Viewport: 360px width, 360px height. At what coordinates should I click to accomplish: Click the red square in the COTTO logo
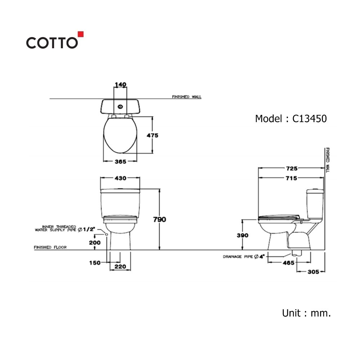81,34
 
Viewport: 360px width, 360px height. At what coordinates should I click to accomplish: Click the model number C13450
309,119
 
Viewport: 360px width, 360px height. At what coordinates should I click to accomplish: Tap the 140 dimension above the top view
121,85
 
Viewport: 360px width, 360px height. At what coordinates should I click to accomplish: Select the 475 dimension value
152,135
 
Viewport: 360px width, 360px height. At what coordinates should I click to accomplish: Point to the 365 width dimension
121,162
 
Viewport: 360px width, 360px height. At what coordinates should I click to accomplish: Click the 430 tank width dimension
121,178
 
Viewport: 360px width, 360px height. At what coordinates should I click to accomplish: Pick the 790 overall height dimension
159,220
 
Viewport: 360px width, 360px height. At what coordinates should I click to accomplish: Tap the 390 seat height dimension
243,235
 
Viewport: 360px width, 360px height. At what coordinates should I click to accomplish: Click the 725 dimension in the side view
292,168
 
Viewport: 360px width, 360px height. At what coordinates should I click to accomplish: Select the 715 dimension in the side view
291,178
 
